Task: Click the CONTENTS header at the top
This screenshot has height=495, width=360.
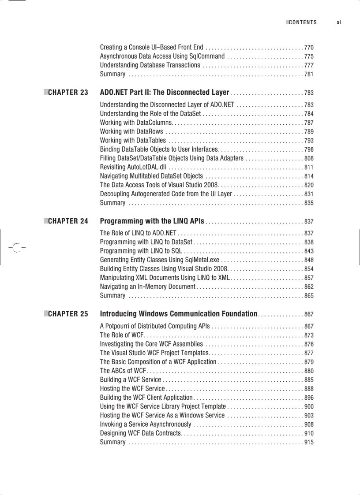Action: tap(303, 22)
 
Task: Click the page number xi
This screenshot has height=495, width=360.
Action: tap(338, 22)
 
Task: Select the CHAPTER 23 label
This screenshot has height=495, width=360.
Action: tap(68, 93)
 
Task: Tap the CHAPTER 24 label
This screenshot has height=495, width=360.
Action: tap(68, 221)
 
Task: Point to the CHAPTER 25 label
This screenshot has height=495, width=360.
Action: tap(68, 314)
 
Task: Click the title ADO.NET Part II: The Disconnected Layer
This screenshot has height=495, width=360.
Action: tap(165, 93)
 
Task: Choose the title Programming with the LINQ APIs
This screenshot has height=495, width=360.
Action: tap(152, 221)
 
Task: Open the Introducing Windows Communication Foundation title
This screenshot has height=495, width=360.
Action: tap(179, 314)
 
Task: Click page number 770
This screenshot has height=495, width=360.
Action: tap(309, 48)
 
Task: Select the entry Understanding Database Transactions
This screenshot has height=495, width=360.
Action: tap(150, 65)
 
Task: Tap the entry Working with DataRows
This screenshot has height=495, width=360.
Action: tap(131, 131)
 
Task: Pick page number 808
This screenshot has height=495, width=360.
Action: tap(309, 158)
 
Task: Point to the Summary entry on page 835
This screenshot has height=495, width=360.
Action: tap(112, 203)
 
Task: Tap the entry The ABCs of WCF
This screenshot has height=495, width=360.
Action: tap(123, 371)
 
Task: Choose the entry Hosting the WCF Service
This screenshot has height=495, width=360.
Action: tap(132, 389)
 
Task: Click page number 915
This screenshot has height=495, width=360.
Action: tap(309, 442)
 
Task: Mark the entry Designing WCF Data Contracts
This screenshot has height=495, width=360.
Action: tap(140, 433)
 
